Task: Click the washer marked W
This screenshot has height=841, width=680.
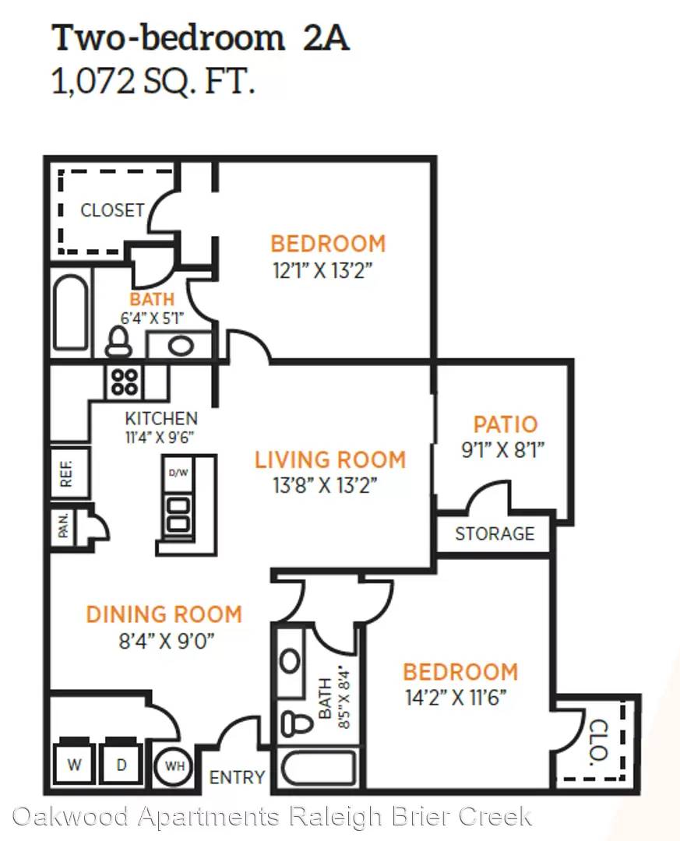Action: pos(74,762)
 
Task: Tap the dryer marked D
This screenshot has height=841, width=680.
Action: pos(122,762)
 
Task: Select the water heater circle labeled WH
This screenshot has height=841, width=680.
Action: pos(174,766)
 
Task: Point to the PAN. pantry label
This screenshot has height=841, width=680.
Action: pos(63,525)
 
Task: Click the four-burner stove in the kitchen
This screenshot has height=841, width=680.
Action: pos(125,382)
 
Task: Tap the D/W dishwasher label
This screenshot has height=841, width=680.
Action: pos(178,473)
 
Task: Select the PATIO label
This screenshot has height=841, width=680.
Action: pos(505,424)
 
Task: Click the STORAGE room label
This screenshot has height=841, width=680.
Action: pos(495,533)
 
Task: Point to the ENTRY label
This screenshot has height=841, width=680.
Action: pos(237,777)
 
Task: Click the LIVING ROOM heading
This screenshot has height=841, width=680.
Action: pos(330,460)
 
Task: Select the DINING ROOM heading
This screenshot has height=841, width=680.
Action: pos(164,614)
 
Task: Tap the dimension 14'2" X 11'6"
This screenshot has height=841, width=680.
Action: pos(456,698)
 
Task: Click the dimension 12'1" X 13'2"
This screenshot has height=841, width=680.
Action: pos(322,270)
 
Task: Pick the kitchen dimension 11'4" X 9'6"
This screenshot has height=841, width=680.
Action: pos(160,437)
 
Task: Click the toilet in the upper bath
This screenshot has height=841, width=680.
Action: pos(118,342)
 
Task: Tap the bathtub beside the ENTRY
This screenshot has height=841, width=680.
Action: pos(319,768)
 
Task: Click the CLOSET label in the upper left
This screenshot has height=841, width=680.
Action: pos(113,209)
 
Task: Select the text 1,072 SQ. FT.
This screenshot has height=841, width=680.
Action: pos(153,82)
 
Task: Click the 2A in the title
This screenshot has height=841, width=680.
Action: pos(326,39)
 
